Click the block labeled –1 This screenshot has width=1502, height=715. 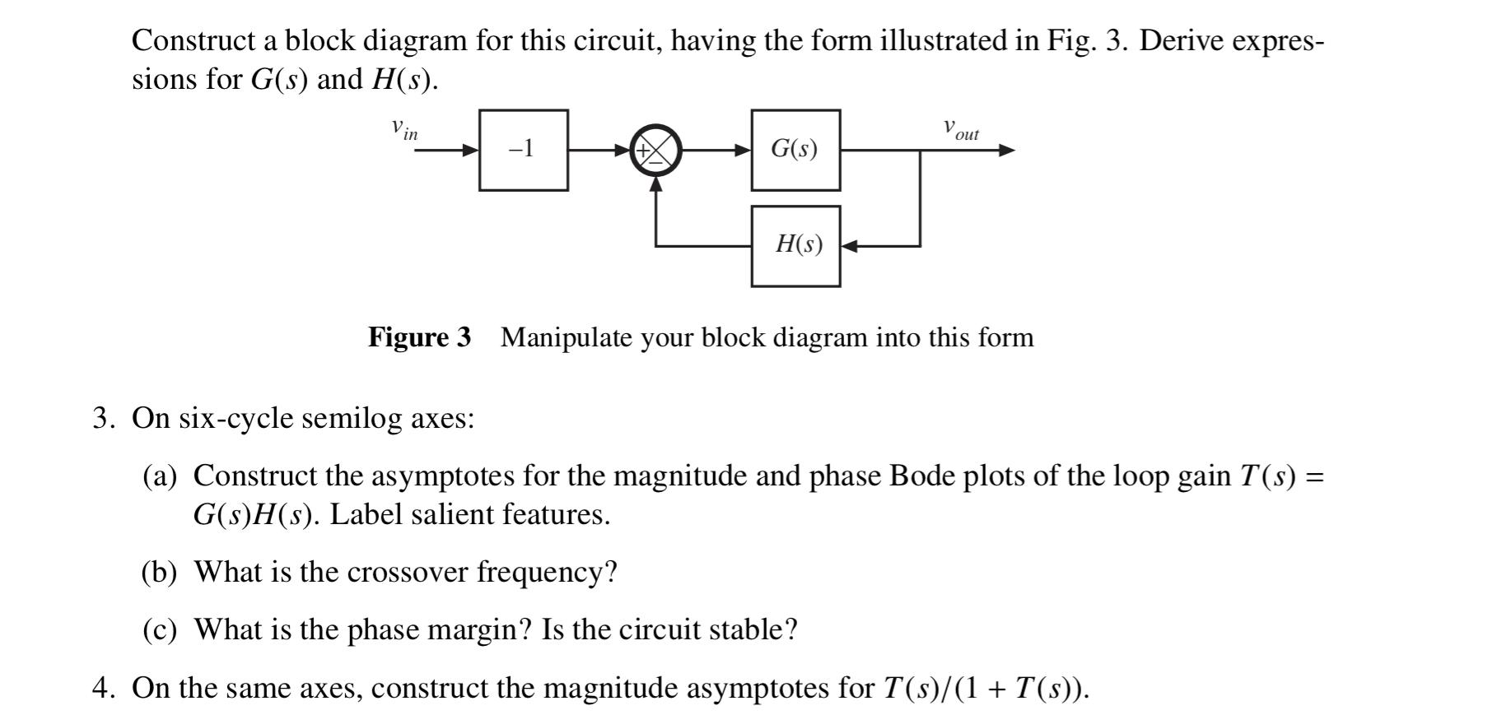523,150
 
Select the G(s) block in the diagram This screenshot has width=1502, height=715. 795,150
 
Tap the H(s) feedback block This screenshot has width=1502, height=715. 795,246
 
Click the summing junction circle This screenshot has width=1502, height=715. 655,151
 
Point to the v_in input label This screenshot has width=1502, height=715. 404,129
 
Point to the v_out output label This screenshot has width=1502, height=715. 961,129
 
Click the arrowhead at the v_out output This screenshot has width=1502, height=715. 1007,151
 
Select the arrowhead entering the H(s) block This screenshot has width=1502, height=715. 850,246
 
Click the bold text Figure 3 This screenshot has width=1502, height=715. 419,337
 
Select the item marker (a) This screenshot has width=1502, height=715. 160,476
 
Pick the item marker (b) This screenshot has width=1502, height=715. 160,572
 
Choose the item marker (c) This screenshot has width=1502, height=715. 160,629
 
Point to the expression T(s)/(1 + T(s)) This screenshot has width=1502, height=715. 986,687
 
